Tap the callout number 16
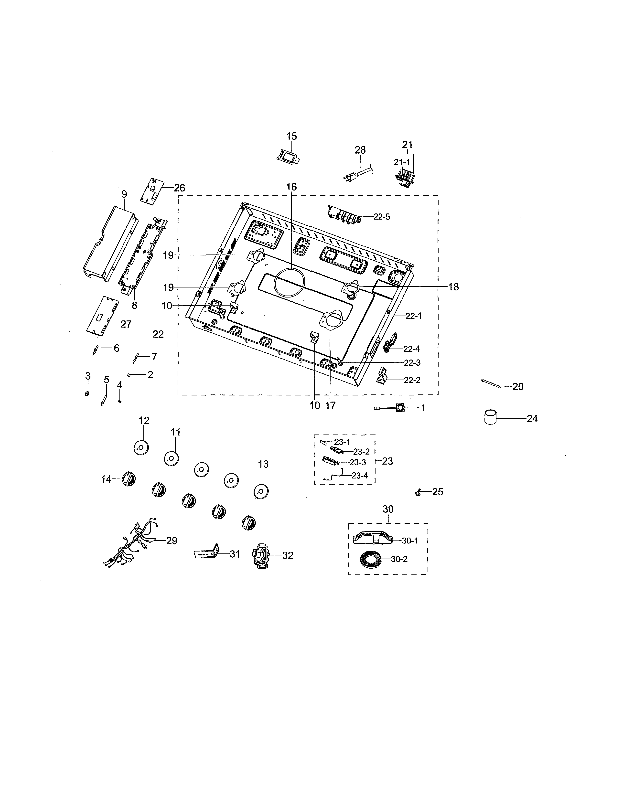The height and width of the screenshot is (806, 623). tap(291, 187)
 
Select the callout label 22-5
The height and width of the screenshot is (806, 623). tap(381, 217)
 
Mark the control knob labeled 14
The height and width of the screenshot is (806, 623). tap(128, 479)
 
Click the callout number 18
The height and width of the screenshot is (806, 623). tap(453, 287)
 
